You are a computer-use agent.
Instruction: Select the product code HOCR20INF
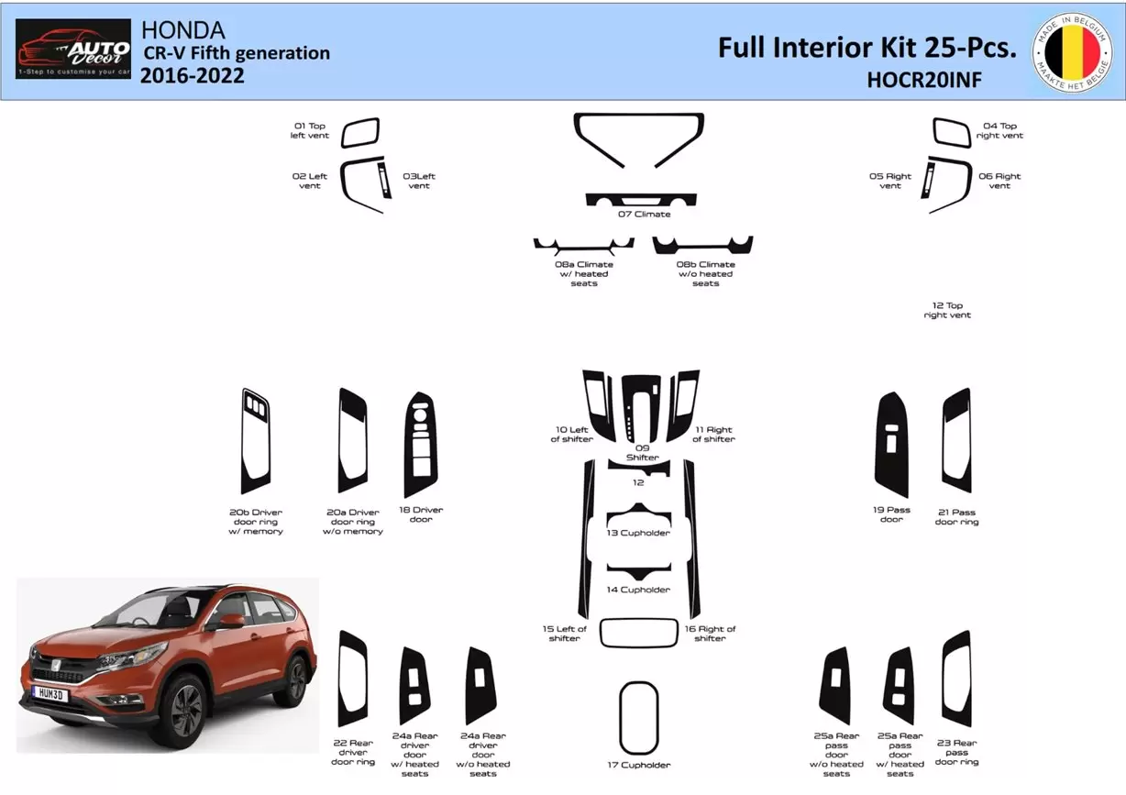[923, 80]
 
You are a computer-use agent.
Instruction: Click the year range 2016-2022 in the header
[193, 75]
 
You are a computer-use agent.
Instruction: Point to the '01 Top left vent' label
[310, 130]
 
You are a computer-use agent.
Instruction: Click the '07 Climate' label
[644, 215]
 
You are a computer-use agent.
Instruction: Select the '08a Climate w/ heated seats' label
[583, 273]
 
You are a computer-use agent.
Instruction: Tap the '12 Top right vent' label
[946, 310]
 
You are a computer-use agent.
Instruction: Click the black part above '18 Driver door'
[420, 444]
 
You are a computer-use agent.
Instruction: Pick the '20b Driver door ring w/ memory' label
[256, 522]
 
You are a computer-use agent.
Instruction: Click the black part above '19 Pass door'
[891, 445]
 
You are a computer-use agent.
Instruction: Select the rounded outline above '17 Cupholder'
[638, 718]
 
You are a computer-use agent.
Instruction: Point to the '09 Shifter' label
[642, 452]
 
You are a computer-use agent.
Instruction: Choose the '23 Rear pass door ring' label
[956, 752]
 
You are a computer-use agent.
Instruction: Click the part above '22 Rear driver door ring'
[352, 679]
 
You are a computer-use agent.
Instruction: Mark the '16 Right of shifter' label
[710, 634]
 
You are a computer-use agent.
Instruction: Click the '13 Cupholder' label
[638, 533]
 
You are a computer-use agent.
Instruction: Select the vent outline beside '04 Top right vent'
[952, 133]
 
